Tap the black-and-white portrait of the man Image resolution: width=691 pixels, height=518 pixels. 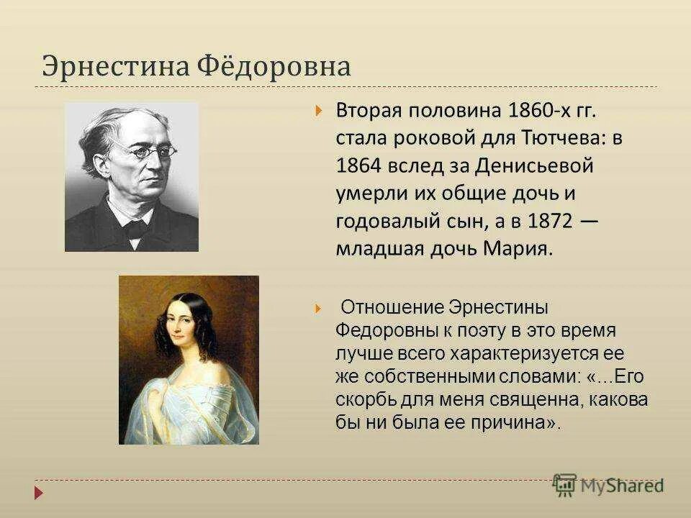132,177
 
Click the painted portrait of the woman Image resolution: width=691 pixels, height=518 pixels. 189,360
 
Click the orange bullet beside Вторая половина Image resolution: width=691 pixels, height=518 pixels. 318,112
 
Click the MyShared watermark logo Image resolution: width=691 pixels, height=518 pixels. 608,486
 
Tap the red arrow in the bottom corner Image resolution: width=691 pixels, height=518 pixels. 38,494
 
